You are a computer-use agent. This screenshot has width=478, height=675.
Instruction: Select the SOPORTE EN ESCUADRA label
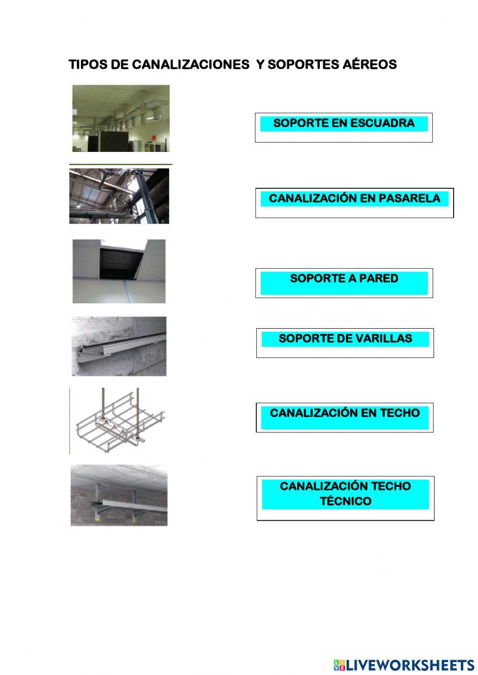(344, 123)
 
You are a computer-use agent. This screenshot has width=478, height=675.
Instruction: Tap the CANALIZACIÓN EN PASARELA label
(354, 199)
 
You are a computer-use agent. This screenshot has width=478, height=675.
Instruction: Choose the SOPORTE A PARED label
(344, 279)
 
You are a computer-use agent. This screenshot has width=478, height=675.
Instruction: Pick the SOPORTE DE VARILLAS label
(345, 339)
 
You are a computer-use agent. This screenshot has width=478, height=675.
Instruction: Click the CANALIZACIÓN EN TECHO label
(345, 413)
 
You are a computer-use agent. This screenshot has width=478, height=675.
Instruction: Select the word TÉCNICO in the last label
(346, 502)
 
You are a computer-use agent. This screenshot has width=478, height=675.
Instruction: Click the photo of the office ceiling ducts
(121, 118)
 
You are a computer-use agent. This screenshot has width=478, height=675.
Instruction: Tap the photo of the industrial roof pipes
(119, 196)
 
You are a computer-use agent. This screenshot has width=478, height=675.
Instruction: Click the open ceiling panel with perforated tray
(119, 271)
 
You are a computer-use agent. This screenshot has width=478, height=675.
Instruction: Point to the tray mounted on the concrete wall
(119, 346)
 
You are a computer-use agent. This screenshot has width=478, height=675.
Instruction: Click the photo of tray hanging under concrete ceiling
(119, 495)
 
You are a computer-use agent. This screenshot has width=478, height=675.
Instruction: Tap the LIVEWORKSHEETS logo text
(410, 664)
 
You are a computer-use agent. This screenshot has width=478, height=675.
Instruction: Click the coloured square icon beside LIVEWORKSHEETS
(339, 664)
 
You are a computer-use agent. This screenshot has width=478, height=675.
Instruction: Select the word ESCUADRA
(382, 123)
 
